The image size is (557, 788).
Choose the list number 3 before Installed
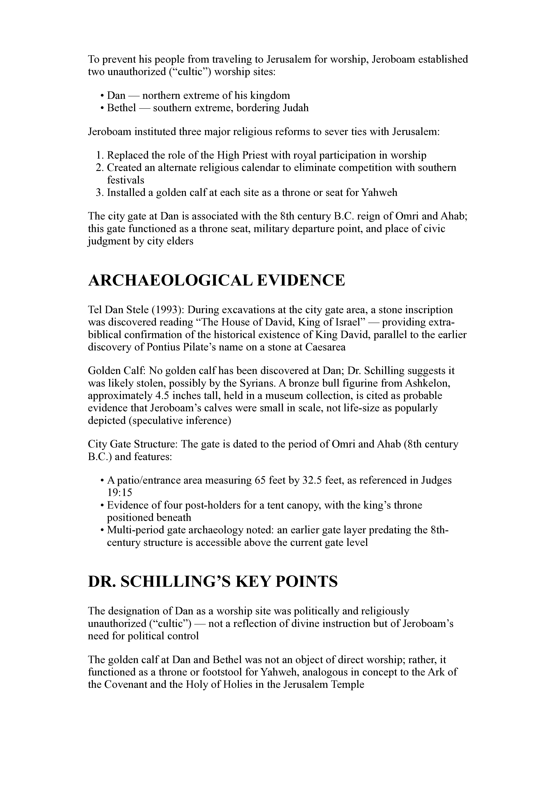pyautogui.click(x=99, y=193)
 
